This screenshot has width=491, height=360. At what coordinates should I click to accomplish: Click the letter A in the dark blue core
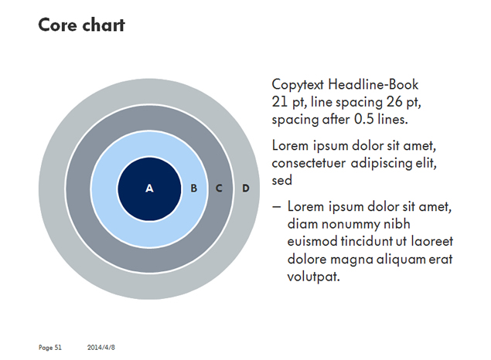[149, 188]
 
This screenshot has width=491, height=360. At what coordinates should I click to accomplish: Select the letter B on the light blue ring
[194, 188]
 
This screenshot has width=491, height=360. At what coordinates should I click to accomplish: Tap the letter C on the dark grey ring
[219, 188]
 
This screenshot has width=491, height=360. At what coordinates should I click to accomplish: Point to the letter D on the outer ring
[246, 188]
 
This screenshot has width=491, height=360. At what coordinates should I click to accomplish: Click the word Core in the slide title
[58, 25]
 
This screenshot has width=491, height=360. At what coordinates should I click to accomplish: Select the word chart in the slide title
[104, 25]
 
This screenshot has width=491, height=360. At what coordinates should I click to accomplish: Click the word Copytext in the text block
[298, 85]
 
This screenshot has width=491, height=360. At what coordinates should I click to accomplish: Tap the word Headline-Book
[373, 84]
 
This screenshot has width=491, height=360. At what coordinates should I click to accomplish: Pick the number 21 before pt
[280, 102]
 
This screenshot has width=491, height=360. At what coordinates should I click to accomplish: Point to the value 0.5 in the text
[364, 119]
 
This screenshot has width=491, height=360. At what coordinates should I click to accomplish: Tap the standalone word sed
[281, 181]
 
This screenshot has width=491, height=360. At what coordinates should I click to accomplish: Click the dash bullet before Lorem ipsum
[276, 207]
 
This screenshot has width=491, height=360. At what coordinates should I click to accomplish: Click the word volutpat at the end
[313, 277]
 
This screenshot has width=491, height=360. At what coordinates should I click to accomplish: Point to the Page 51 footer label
[50, 348]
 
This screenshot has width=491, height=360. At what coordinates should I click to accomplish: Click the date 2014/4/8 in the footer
[101, 348]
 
